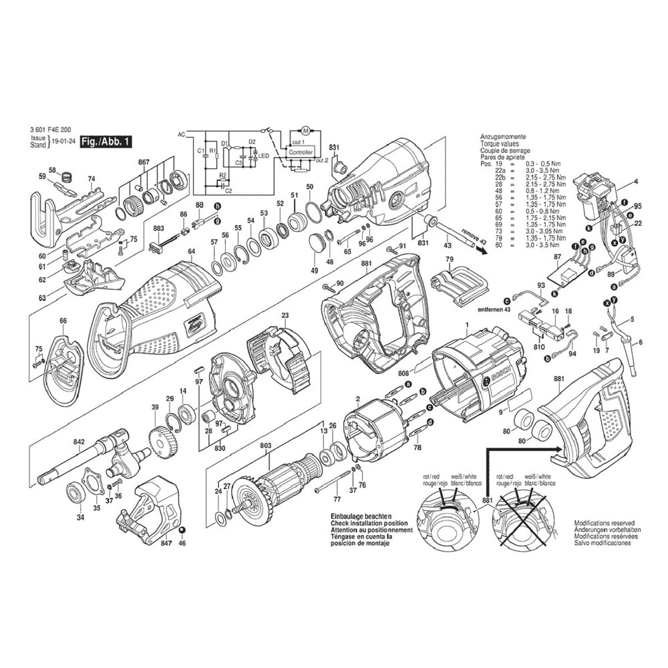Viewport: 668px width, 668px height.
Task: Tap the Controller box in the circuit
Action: pyautogui.click(x=300, y=152)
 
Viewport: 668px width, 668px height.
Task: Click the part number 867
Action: pyautogui.click(x=144, y=162)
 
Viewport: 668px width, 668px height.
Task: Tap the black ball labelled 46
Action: pyautogui.click(x=182, y=531)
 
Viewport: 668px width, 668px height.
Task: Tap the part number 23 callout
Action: pyautogui.click(x=285, y=316)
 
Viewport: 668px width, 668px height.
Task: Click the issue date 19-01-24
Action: pyautogui.click(x=62, y=142)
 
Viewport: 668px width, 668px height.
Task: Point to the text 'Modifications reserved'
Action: pyautogui.click(x=605, y=524)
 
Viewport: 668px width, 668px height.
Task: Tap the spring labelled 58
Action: pyautogui.click(x=66, y=177)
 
